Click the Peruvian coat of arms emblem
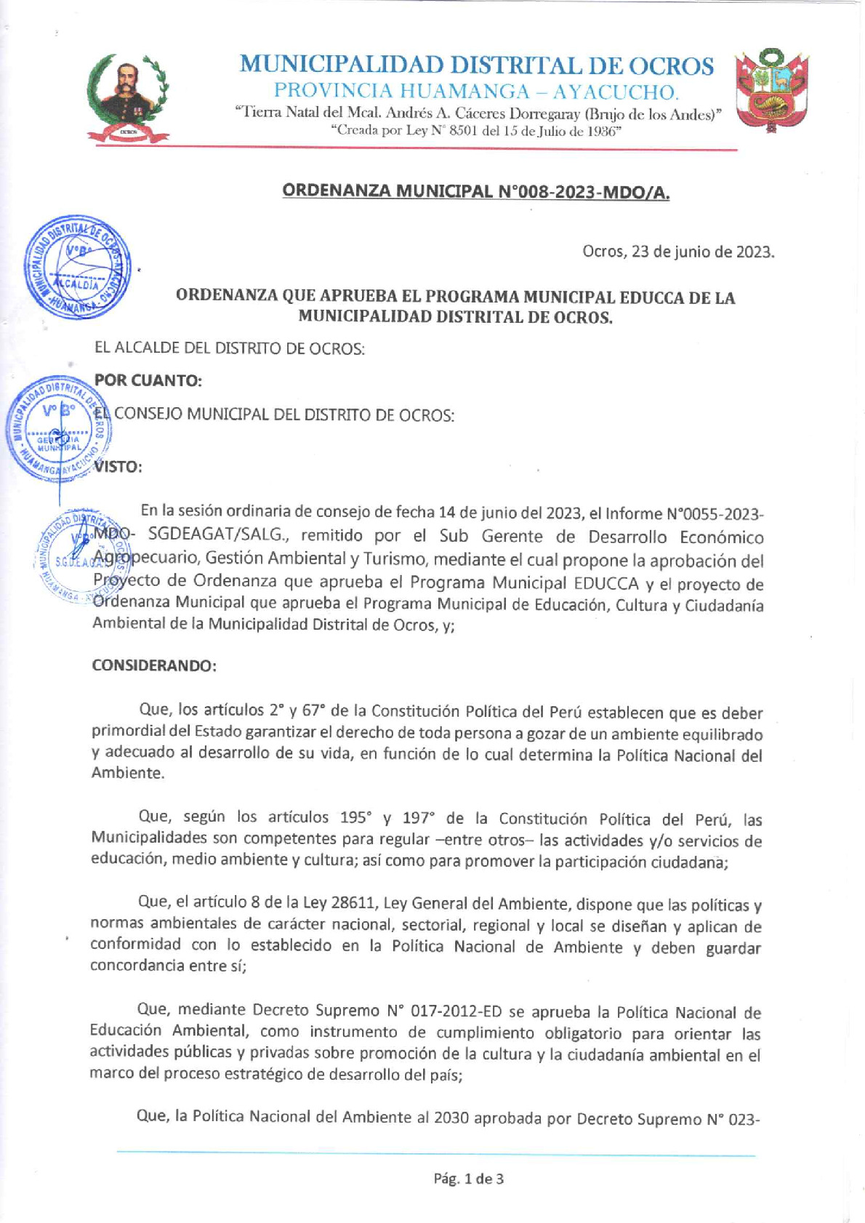(772, 91)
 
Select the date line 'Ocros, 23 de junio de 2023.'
(678, 252)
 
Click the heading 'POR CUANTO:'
(148, 380)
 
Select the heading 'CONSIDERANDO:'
(154, 665)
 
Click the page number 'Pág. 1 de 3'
(468, 1179)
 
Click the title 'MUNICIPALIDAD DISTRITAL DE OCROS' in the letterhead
(477, 65)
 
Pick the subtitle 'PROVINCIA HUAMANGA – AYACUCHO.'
(477, 92)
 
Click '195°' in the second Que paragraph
(356, 818)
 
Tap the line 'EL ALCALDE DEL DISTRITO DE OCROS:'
(230, 348)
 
